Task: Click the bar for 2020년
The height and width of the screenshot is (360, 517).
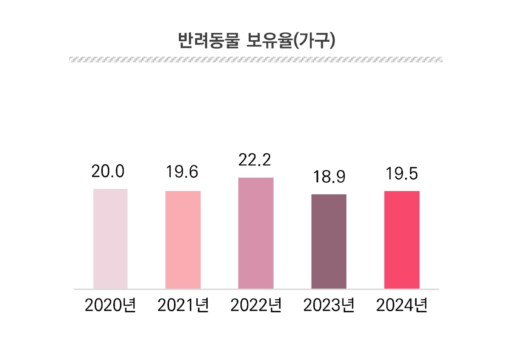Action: click(x=110, y=239)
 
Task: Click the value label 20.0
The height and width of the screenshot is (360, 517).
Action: click(x=108, y=171)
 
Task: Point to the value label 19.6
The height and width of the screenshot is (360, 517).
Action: click(x=182, y=172)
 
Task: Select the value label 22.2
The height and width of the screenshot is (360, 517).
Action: click(x=255, y=160)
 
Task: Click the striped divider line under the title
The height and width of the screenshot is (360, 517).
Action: click(x=256, y=59)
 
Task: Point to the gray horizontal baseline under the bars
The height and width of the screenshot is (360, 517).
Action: click(x=256, y=289)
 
